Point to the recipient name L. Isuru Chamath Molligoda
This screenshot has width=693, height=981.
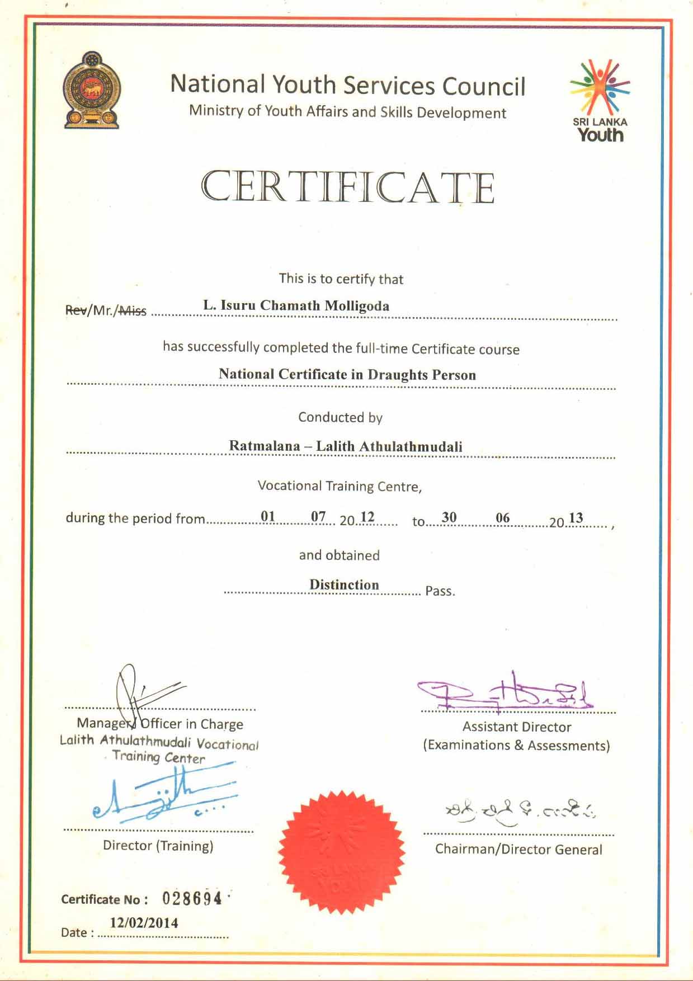[x=296, y=305]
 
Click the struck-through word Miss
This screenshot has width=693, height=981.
[x=133, y=310]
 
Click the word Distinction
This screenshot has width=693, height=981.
[x=344, y=584]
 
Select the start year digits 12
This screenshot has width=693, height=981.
[x=367, y=517]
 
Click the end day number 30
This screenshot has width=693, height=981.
[x=449, y=517]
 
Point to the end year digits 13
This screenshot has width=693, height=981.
[x=576, y=518]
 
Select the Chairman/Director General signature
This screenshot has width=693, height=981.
[x=520, y=809]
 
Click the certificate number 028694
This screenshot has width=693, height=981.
[x=192, y=899]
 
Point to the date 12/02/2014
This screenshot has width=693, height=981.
[x=144, y=923]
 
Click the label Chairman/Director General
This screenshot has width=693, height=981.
[x=518, y=850]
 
